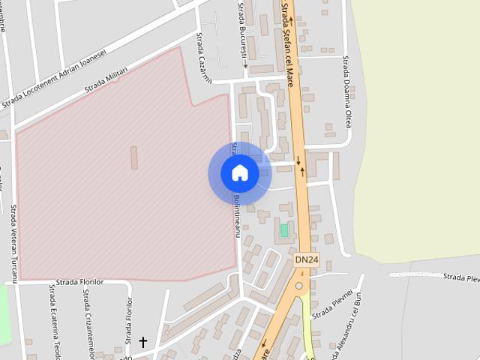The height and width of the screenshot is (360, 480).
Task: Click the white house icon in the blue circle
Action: tap(240, 173)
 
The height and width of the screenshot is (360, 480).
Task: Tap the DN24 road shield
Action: tap(306, 259)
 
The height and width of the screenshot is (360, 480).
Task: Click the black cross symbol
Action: tap(142, 343)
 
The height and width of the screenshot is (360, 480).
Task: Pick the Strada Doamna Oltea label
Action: tap(346, 91)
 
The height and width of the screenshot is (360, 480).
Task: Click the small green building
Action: tap(284, 229)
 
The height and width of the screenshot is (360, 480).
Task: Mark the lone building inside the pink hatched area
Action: tap(135, 157)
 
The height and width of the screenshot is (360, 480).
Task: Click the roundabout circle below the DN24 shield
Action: tap(299, 286)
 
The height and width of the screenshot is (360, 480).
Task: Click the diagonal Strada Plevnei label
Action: tap(332, 304)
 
